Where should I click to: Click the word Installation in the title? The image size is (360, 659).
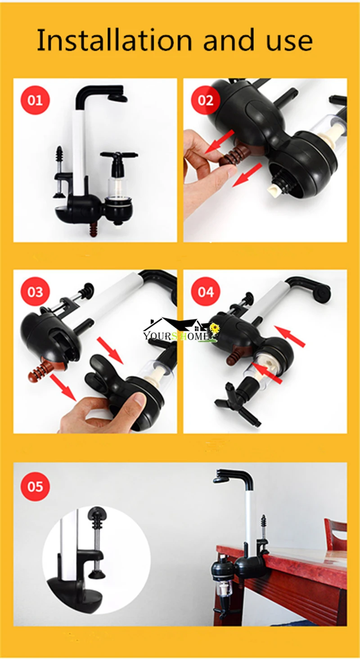pos(114,41)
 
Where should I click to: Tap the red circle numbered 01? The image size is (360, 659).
pos(35,100)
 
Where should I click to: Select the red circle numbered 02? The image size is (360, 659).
pos(205,100)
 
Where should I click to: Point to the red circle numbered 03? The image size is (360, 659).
pos(35,292)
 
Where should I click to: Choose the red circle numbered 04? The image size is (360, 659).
pos(205,292)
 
